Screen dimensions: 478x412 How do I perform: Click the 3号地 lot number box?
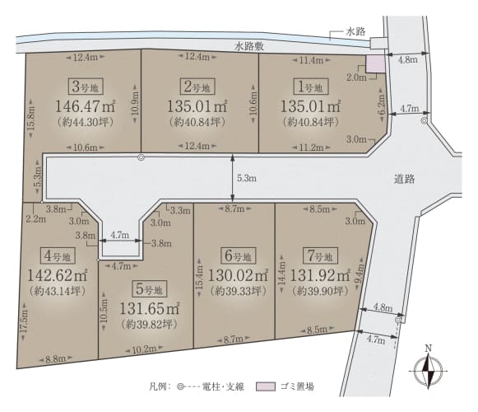86,87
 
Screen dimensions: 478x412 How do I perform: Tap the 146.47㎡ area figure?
85,106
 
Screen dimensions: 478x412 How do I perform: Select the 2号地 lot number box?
197,87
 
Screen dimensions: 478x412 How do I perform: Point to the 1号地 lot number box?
311,87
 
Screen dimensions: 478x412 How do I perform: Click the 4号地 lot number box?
58,255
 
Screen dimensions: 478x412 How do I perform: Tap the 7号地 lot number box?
320,255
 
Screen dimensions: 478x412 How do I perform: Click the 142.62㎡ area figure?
58,275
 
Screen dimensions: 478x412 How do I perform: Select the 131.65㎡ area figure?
150,309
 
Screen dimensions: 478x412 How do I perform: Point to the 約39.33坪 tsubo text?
239,291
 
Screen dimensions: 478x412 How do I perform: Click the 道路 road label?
405,179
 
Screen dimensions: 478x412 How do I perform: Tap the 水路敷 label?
249,46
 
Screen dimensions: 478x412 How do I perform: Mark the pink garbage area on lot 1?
375,64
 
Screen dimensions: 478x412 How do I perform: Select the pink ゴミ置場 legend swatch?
266,386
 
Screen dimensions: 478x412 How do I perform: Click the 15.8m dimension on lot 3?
31,121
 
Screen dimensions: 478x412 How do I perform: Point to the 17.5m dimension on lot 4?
25,321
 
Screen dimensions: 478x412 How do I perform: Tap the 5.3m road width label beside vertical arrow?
247,178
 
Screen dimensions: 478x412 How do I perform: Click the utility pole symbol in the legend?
180,386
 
